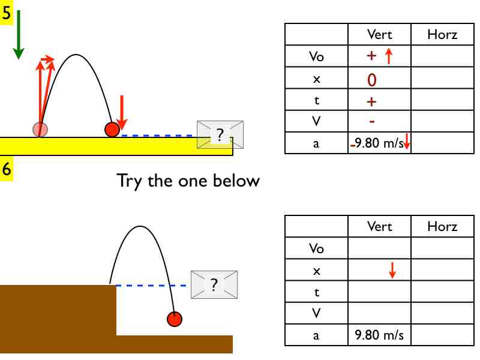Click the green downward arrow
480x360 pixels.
[18, 35]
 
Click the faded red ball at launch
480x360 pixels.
[40, 128]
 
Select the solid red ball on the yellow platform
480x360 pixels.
[112, 129]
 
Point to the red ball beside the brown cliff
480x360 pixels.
[174, 319]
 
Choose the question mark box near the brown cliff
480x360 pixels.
[214, 284]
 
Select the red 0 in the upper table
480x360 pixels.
[372, 79]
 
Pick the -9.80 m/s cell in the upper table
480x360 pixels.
[380, 144]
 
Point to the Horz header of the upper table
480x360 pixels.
[442, 35]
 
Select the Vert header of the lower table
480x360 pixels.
[379, 226]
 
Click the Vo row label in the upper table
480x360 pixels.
[316, 57]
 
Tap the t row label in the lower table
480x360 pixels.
[316, 292]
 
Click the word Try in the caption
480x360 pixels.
[130, 181]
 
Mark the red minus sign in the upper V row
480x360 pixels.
[372, 121]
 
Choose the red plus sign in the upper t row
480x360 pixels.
[371, 101]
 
